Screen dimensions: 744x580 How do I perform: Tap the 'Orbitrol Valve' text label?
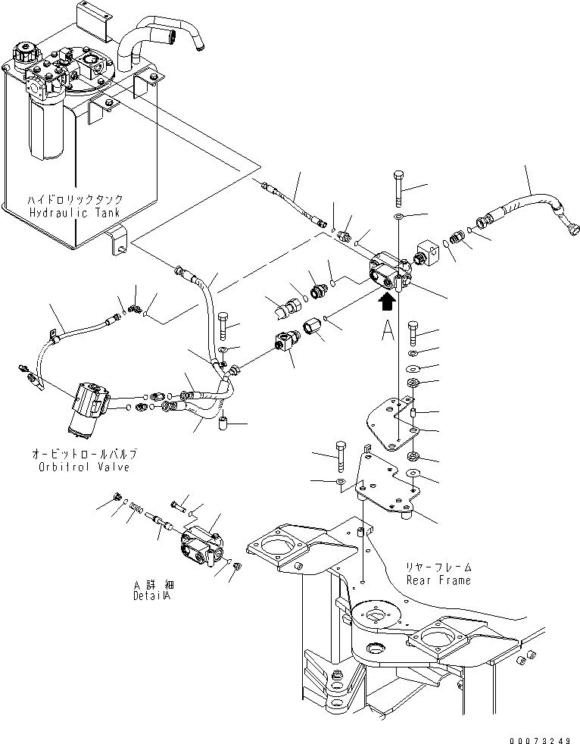[x=85, y=467]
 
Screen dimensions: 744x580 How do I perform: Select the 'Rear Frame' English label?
[x=438, y=580]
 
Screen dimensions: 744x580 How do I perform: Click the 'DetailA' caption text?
[x=155, y=596]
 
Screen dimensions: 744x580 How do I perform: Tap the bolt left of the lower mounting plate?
[x=340, y=454]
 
